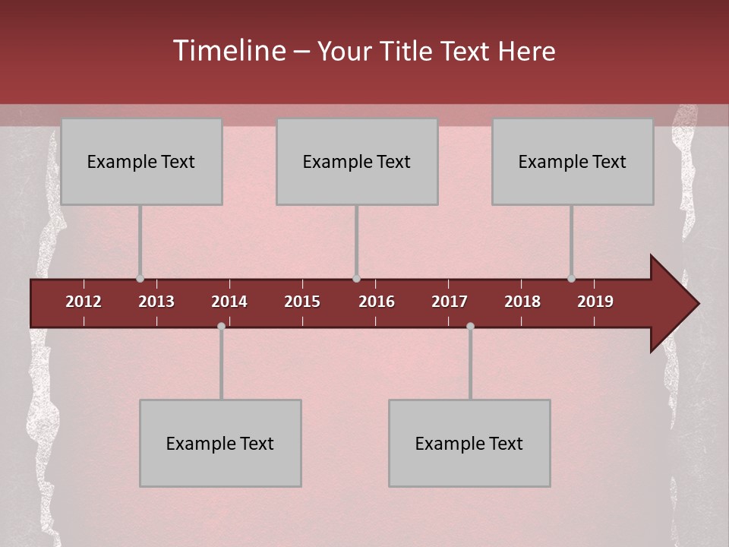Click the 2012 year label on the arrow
pos(84,302)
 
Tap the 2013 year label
pos(156,302)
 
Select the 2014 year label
pos(229,302)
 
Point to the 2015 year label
pos(302,302)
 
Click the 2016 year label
pos(377,302)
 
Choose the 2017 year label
pos(450,302)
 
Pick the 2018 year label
pos(522,302)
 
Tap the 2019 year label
pos(595,302)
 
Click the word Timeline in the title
pos(228,51)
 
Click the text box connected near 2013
pos(141,161)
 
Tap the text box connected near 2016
pos(357,161)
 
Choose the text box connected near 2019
pos(573,161)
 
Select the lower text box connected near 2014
pos(220,443)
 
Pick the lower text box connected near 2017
pos(469,443)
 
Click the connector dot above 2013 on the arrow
pos(140,279)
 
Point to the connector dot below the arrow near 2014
pos(221,327)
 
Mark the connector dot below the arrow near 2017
pos(470,327)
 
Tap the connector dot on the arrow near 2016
pos(356,279)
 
